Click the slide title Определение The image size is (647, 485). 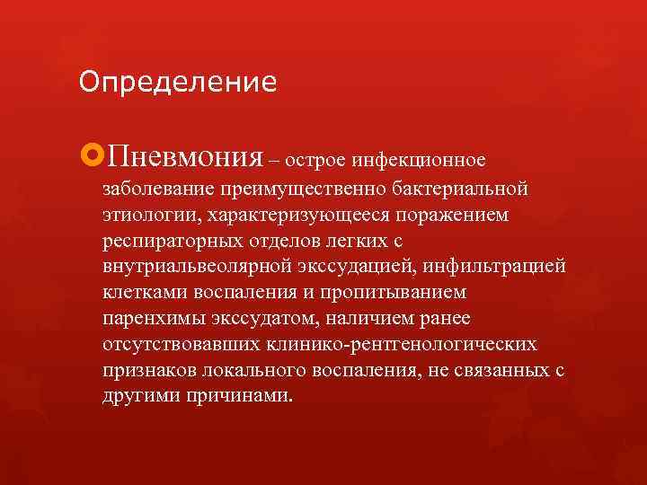pyautogui.click(x=177, y=83)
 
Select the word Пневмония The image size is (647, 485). pyautogui.click(x=184, y=159)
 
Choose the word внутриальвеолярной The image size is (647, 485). pyautogui.click(x=192, y=267)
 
